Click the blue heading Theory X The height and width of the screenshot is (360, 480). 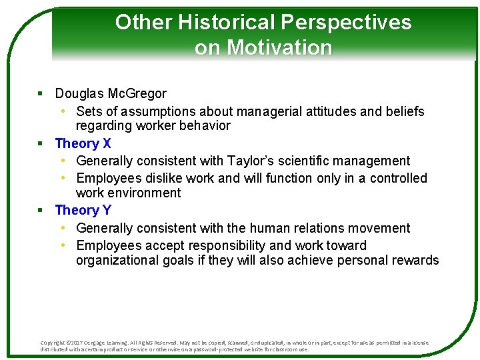coord(83,143)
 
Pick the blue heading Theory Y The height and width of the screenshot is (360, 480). coord(83,211)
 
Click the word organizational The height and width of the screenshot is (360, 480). coord(117,261)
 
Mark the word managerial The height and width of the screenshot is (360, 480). coord(275,111)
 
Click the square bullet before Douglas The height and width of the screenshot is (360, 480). coord(40,94)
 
